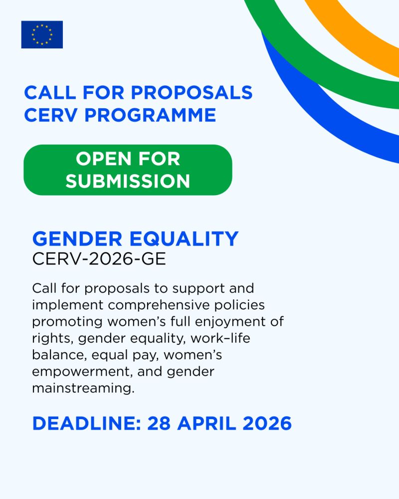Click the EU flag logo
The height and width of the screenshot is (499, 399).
pos(42,35)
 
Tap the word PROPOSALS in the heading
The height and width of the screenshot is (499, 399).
pos(192,93)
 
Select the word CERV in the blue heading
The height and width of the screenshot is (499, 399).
pos(50,115)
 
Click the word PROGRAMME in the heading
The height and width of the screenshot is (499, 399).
pos(150,115)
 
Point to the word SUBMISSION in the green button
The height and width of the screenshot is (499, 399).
pos(128,181)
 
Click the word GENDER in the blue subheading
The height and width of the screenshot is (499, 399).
pos(77,239)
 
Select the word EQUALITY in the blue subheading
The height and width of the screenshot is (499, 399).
pos(184,239)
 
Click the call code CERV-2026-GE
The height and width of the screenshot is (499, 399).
pos(99,258)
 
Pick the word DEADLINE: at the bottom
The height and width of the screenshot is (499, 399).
pos(87,423)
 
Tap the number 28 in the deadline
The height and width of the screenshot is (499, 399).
pos(159,423)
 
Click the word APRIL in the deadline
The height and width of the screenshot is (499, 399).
pos(206,423)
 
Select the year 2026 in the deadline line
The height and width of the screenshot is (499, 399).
pos(267,423)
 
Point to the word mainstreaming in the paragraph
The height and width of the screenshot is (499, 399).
pos(83,388)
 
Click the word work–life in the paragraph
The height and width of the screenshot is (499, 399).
pos(220,338)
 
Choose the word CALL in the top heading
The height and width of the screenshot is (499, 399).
pos(50,93)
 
